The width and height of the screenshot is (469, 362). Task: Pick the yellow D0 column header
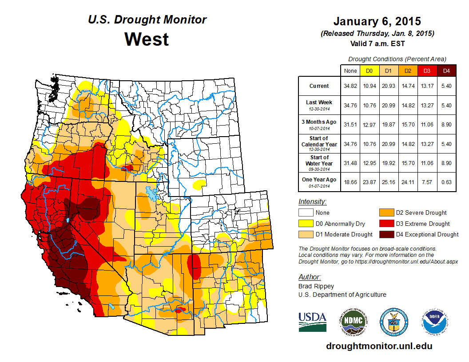[369, 71]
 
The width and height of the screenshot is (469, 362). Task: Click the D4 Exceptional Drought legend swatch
[386, 234]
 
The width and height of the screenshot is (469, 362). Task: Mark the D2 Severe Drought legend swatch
[386, 212]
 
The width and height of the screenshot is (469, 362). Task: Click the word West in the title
[147, 39]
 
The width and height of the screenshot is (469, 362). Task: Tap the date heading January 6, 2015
[377, 21]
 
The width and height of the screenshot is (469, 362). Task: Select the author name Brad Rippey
[316, 286]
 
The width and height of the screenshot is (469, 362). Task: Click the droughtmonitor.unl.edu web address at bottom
[379, 346]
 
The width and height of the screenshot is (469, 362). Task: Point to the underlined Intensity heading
[312, 202]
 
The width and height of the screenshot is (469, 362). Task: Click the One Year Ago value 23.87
[369, 180]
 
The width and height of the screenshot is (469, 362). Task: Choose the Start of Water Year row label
[319, 161]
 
